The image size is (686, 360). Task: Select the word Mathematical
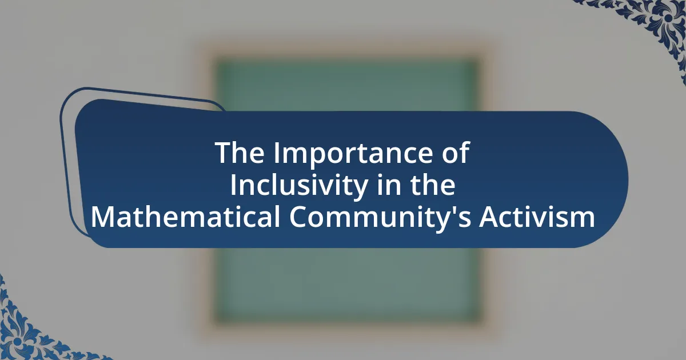[x=185, y=217]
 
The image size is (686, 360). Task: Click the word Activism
[x=537, y=217]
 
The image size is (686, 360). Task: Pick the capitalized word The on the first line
[x=240, y=153]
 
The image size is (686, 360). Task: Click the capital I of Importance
[x=277, y=153]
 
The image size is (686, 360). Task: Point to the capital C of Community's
[x=299, y=217]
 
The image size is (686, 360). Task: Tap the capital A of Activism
[x=489, y=217]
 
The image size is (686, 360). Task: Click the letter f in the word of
[x=464, y=152]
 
